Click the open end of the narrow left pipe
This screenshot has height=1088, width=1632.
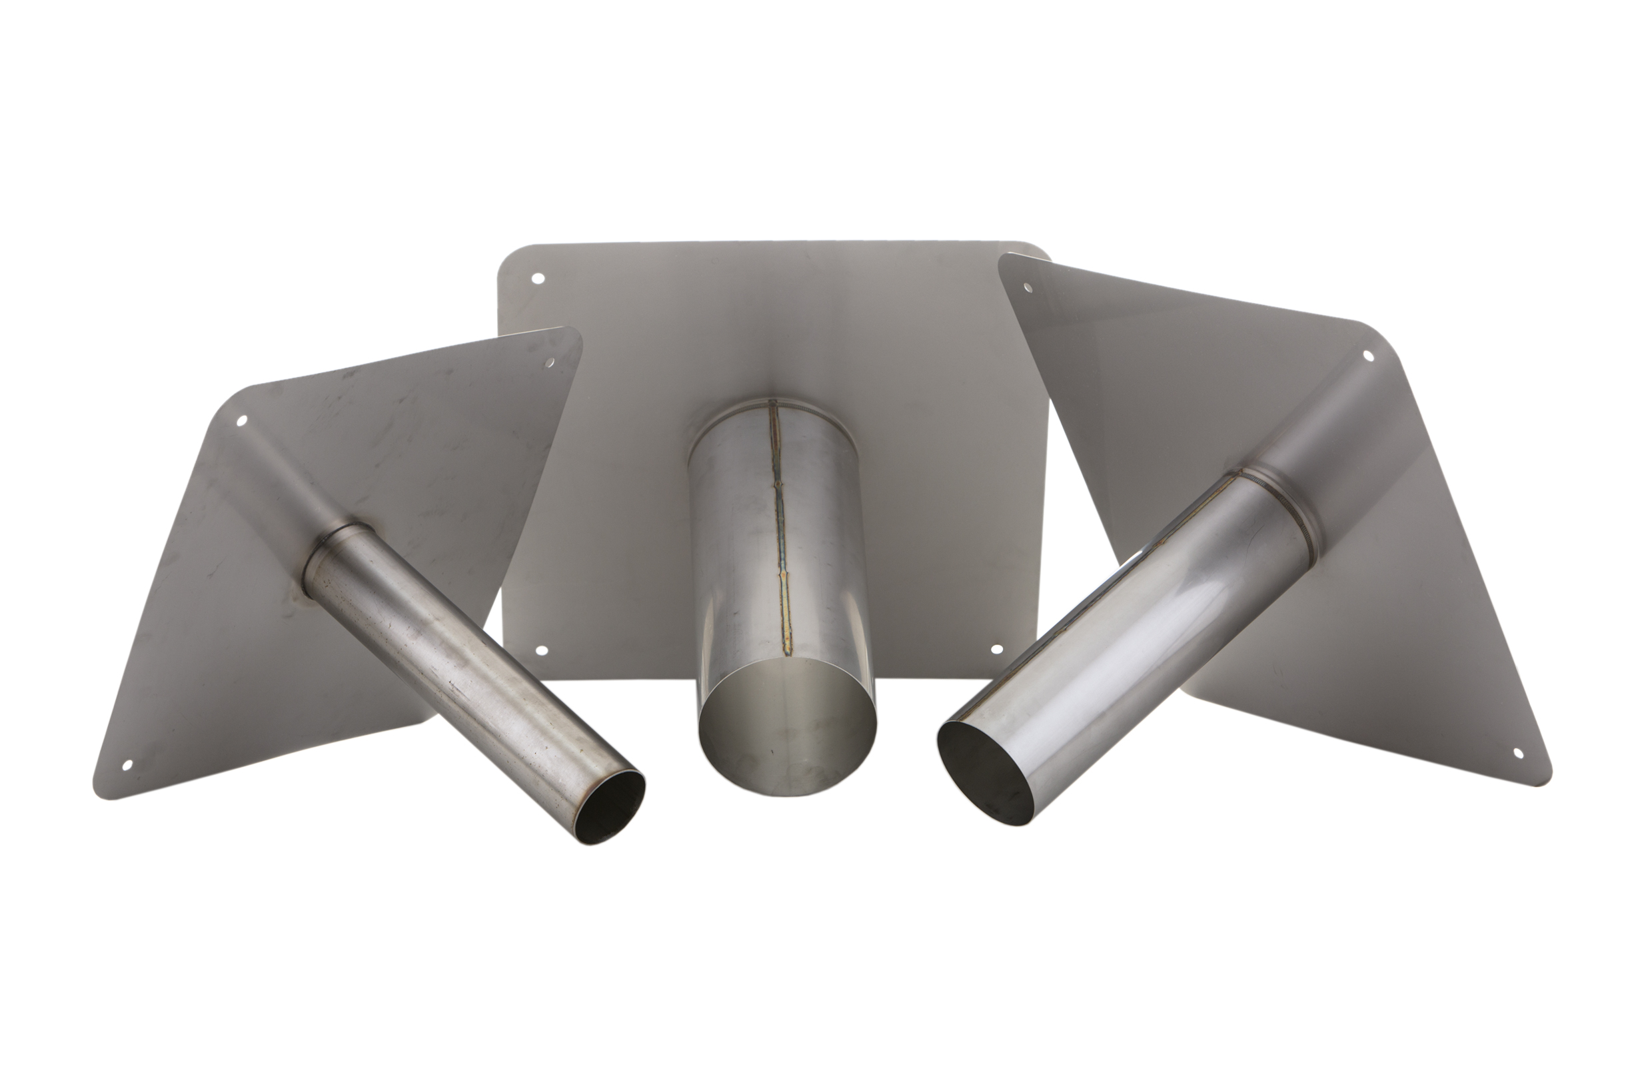(611, 806)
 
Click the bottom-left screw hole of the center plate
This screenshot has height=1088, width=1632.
(542, 651)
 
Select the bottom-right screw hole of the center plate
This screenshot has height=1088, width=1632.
(996, 650)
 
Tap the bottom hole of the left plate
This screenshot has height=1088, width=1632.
(128, 766)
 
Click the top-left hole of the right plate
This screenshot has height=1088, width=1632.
(1026, 286)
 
